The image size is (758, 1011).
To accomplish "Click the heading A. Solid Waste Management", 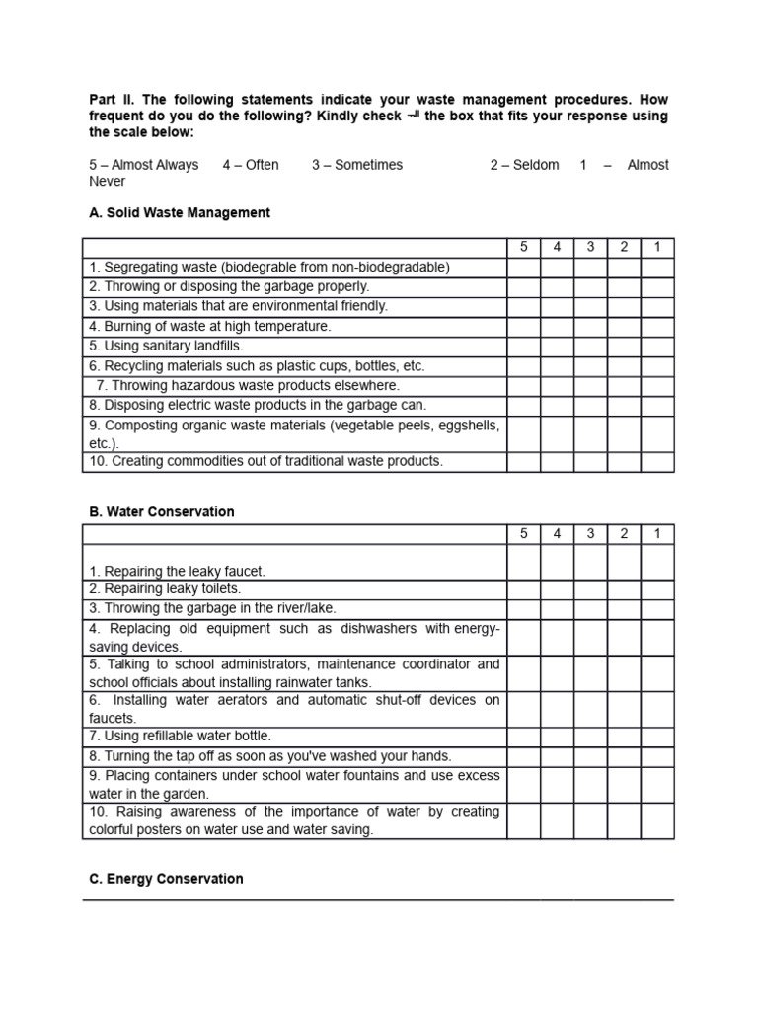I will pos(180,212).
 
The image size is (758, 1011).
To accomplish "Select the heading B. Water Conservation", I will pos(162,511).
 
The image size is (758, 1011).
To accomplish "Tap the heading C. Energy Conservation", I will pos(166,878).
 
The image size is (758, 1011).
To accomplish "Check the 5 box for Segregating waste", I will pos(524,267).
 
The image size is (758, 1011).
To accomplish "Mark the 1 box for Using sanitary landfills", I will pos(657,346).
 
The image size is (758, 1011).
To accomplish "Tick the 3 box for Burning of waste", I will pos(590,326).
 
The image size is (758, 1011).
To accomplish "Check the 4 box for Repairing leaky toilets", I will pos(557,588).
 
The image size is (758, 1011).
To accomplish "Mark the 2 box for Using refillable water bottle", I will pos(624,736).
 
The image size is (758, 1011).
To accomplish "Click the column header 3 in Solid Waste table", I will pos(590,247).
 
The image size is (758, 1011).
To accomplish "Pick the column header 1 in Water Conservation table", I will pos(657,534).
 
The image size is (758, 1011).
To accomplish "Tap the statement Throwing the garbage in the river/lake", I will pos(212,608).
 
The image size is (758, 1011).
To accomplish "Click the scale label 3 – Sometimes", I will pos(357,165).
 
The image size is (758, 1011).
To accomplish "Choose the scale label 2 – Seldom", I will pos(524,165).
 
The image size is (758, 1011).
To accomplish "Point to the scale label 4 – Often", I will pos(251,165).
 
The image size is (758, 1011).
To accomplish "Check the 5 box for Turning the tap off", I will pos(524,755).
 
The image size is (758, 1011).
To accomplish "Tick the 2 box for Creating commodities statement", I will pos(624,461).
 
